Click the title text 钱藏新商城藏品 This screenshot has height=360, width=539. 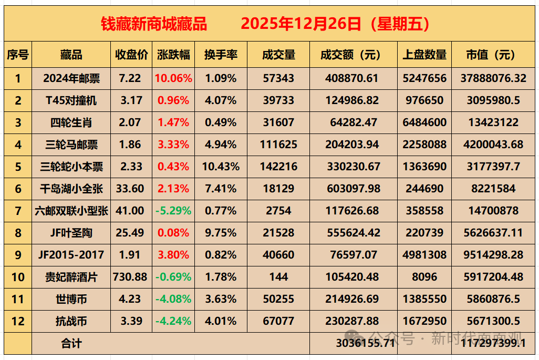(x=153, y=24)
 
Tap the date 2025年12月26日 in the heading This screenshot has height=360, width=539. (x=301, y=24)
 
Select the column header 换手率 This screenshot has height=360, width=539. (x=221, y=55)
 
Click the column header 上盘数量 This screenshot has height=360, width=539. (x=424, y=55)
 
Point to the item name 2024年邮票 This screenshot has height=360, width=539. (x=71, y=78)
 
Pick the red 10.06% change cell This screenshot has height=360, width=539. (x=173, y=78)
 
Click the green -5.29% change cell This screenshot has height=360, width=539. (x=173, y=211)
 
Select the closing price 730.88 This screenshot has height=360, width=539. (x=130, y=277)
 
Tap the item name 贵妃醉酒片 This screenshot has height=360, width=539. (x=71, y=277)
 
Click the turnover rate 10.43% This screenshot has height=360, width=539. (x=221, y=167)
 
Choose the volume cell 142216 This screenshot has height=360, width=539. (x=278, y=167)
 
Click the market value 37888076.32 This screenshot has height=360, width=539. (x=493, y=78)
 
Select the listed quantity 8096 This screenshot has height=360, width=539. (x=424, y=277)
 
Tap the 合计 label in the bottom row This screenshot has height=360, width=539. (x=71, y=344)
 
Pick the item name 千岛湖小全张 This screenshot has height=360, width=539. (x=71, y=189)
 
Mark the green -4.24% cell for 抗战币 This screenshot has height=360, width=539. (x=173, y=321)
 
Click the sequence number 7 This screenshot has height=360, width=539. (x=18, y=211)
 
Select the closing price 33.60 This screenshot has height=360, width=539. (x=130, y=189)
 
